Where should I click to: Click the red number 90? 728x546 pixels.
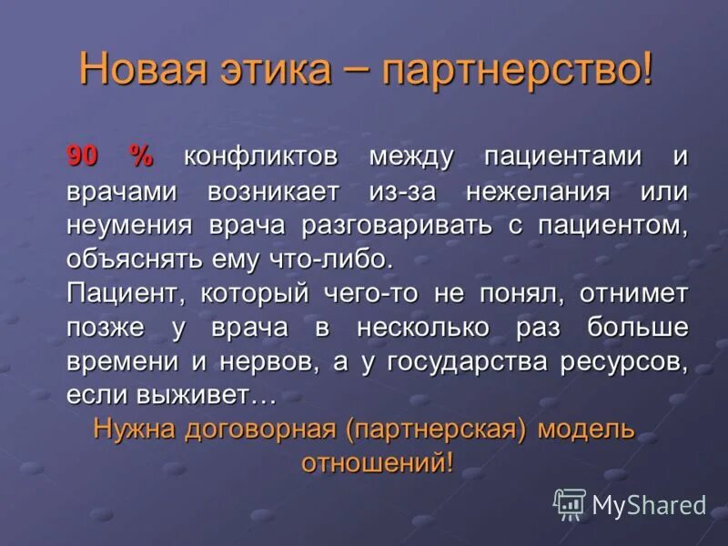pyautogui.click(x=82, y=157)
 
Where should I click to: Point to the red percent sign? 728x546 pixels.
pyautogui.click(x=141, y=157)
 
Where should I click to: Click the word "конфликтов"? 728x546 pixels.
pyautogui.click(x=261, y=157)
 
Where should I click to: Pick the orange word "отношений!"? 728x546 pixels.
pyautogui.click(x=377, y=461)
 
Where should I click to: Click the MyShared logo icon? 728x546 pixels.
pyautogui.click(x=570, y=504)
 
